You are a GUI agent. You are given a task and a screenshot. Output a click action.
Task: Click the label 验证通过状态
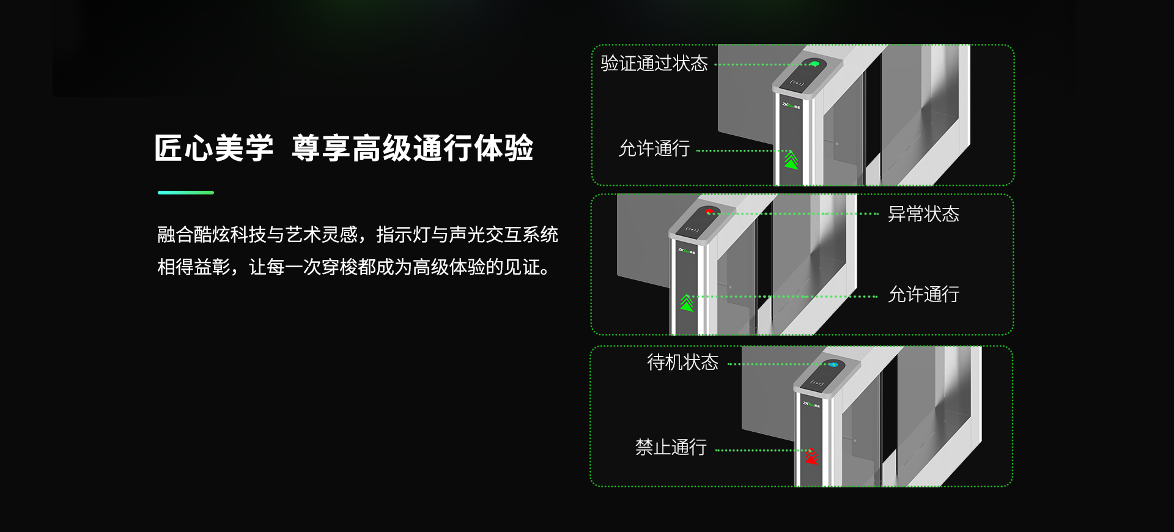coord(654,64)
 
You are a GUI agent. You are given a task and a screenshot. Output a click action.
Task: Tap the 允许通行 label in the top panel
coord(654,149)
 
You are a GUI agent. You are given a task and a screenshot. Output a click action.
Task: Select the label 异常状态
coord(923,214)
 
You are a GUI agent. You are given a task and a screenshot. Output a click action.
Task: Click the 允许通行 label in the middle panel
coord(923,295)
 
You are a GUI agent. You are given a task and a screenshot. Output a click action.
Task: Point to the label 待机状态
coord(682,363)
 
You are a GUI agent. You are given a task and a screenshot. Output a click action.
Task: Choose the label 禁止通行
coord(671,448)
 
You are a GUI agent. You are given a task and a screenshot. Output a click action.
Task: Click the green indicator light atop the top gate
coord(814,64)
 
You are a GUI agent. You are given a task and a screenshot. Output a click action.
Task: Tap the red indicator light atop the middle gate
coord(709,212)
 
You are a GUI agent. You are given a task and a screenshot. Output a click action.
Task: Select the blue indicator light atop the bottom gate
coord(833,365)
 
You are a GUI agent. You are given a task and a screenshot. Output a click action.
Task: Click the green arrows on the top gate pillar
coord(791,160)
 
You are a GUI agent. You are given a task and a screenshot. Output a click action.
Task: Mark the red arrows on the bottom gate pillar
coord(811,456)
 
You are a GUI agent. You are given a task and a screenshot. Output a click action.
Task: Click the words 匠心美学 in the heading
coord(213,149)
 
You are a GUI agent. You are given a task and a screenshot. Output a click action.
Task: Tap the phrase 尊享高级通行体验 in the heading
coord(412,149)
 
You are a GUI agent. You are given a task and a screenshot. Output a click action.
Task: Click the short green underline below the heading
coord(185,193)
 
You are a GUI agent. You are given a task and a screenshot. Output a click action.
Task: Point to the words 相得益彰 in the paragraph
coord(193,267)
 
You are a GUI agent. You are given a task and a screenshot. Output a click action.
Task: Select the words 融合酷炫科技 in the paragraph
coord(212,235)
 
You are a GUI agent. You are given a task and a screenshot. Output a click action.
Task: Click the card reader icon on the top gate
coord(796,83)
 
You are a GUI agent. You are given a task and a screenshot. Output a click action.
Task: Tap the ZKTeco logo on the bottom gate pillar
coord(811,404)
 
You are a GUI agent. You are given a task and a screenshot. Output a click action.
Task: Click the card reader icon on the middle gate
coord(692,230)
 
